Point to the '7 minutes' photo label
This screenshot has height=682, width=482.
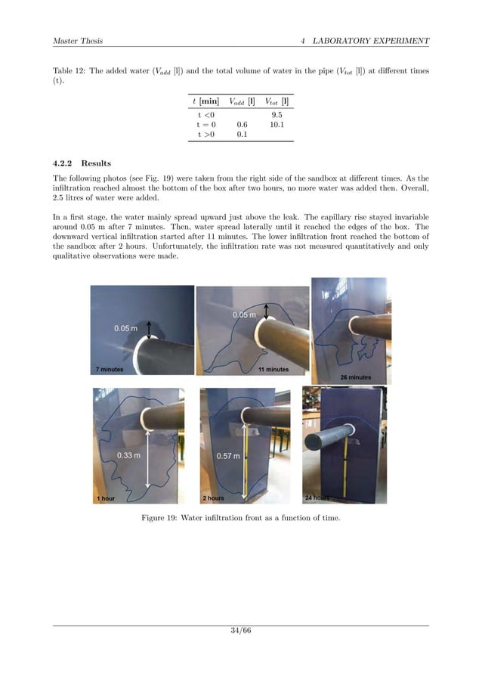click(x=110, y=370)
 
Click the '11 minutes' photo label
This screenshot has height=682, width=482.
click(x=273, y=369)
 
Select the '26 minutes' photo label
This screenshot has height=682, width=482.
click(x=355, y=376)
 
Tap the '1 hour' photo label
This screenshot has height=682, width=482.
click(x=105, y=499)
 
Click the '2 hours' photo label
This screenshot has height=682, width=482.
click(x=214, y=499)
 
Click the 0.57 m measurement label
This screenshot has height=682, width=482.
click(x=228, y=456)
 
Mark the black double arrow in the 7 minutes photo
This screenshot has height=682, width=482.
click(x=149, y=328)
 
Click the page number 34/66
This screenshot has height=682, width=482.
click(x=240, y=632)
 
